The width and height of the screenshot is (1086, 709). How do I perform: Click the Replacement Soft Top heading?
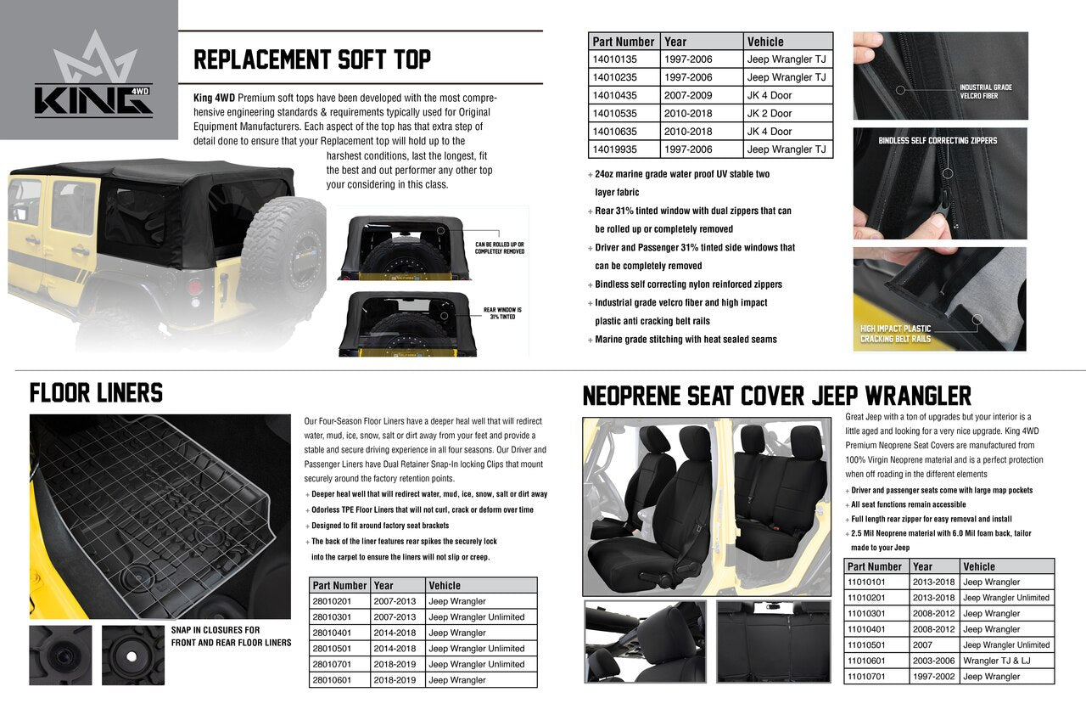pyautogui.click(x=312, y=59)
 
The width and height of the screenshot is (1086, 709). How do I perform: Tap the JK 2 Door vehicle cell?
pyautogui.click(x=770, y=114)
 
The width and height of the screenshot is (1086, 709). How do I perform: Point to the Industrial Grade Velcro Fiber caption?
pyautogui.click(x=985, y=92)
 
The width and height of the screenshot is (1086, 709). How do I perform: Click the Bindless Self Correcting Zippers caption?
pyautogui.click(x=938, y=141)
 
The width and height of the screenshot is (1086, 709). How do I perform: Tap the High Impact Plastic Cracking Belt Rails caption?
pyautogui.click(x=895, y=334)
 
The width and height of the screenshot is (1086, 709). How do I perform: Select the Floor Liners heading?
pyautogui.click(x=96, y=393)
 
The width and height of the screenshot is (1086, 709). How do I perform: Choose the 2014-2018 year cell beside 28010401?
pyautogui.click(x=395, y=633)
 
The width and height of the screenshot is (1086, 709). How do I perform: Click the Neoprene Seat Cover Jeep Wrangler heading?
pyautogui.click(x=776, y=397)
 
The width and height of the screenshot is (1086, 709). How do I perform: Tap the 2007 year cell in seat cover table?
pyautogui.click(x=922, y=645)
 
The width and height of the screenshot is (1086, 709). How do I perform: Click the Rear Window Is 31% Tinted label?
pyautogui.click(x=502, y=313)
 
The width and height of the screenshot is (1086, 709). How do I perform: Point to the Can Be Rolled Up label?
pyautogui.click(x=499, y=247)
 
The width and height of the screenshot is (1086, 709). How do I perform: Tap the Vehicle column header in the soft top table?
pyautogui.click(x=765, y=42)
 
